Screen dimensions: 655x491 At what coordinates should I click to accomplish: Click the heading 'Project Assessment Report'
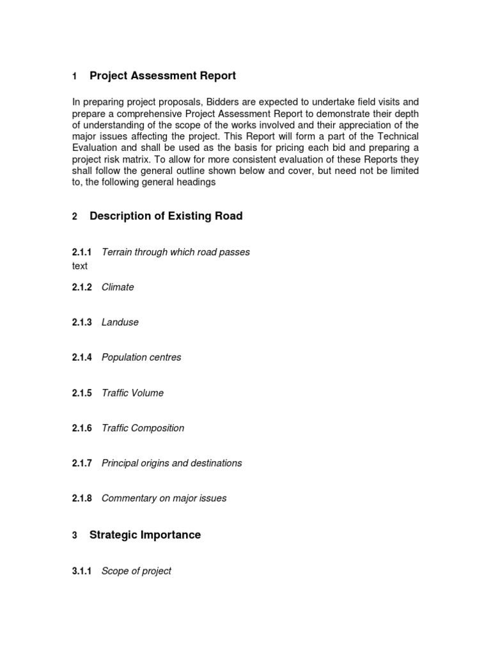click(162, 76)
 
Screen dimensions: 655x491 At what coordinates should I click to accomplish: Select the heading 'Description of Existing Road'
click(166, 216)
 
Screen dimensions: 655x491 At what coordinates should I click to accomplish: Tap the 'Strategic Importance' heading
click(144, 535)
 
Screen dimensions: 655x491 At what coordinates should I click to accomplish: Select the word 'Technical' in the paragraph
click(394, 137)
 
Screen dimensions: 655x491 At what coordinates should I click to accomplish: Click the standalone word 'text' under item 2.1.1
click(79, 265)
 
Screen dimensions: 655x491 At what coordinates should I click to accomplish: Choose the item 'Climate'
click(118, 287)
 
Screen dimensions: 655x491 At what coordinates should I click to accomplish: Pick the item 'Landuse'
click(120, 322)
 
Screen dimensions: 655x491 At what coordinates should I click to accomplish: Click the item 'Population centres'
click(141, 358)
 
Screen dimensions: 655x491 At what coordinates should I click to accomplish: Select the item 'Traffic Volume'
click(132, 393)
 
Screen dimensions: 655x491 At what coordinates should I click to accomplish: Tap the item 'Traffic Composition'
click(143, 428)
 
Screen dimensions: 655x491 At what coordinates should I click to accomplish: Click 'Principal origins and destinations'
click(171, 463)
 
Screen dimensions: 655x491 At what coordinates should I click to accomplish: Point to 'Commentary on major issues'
click(164, 498)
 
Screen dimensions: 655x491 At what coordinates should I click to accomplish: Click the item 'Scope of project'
click(136, 571)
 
